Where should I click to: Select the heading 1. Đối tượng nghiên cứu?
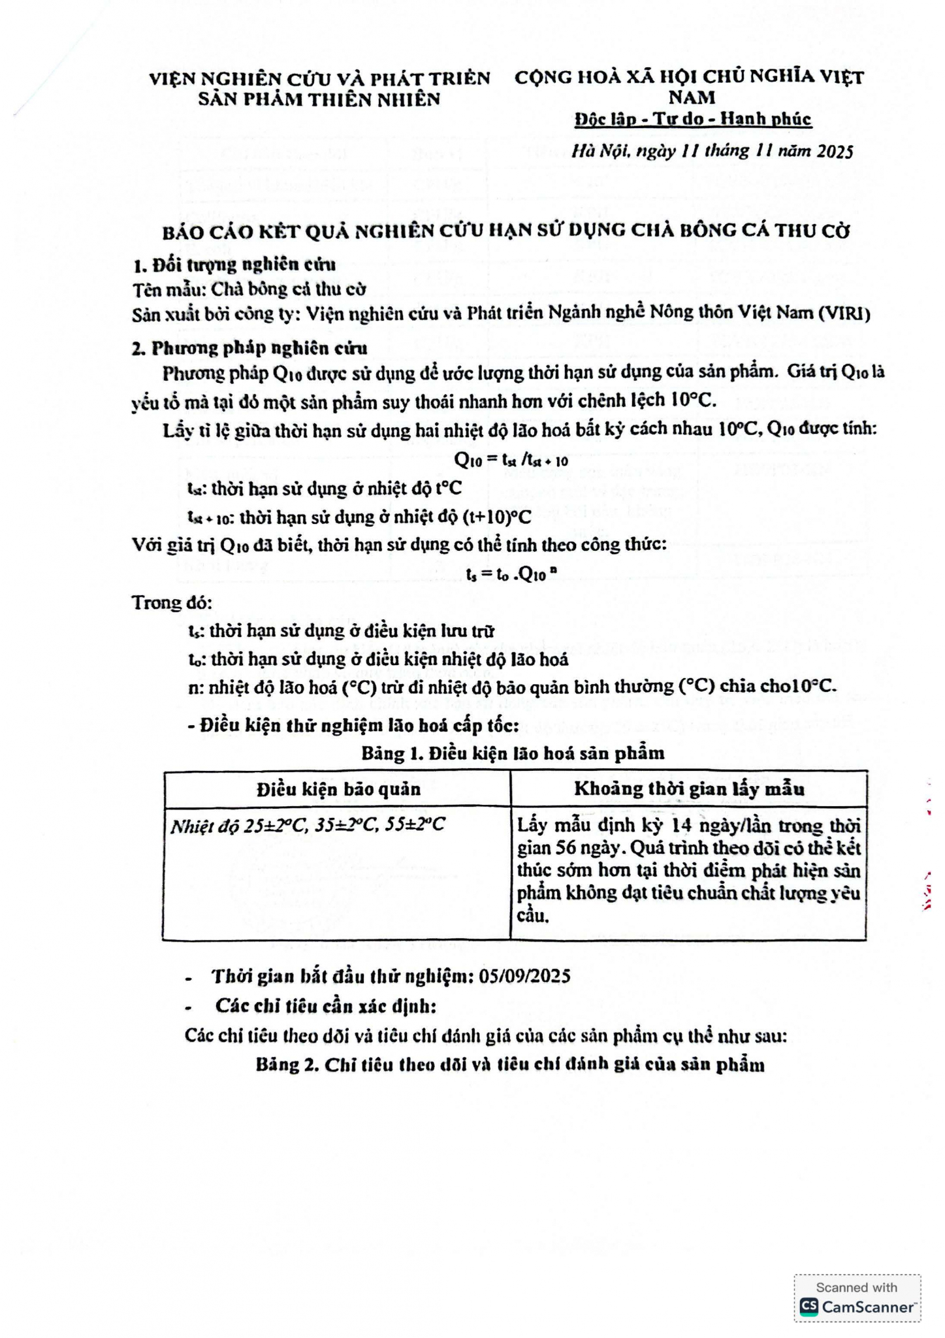tap(234, 265)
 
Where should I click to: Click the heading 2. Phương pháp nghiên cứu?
tap(249, 348)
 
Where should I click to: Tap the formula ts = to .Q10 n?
tap(511, 574)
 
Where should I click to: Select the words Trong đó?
tap(172, 602)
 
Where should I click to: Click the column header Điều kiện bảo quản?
tap(338, 789)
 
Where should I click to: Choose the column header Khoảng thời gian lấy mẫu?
tap(689, 789)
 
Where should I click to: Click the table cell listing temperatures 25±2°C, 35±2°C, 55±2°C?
tap(308, 825)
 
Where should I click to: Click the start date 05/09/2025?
tap(524, 976)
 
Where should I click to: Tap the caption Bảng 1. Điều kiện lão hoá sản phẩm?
tap(513, 753)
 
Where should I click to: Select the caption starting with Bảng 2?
tap(510, 1065)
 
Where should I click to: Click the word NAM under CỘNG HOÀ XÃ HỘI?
tap(692, 98)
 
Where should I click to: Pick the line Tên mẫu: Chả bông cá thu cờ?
tap(249, 289)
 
